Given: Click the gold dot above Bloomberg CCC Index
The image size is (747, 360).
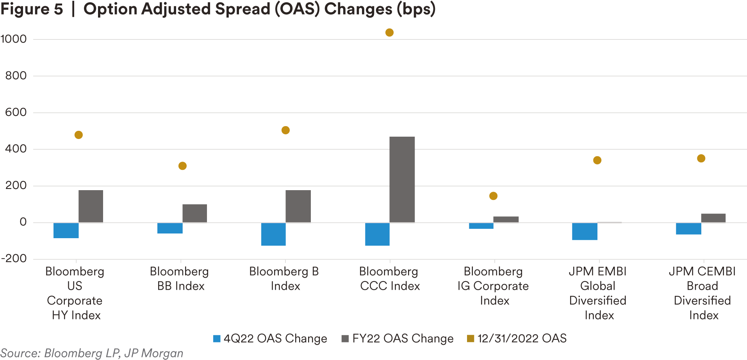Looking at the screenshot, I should [389, 32].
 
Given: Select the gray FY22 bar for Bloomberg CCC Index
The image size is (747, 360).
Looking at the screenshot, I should [402, 180].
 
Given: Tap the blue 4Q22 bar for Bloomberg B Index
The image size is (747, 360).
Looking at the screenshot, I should [273, 234].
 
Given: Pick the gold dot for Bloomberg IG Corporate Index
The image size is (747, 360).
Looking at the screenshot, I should [493, 196].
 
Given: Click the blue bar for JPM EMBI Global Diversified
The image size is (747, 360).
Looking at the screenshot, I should [585, 231].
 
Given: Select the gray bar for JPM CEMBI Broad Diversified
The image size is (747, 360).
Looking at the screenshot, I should [713, 218].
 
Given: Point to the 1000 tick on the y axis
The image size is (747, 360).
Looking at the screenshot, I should [14, 39].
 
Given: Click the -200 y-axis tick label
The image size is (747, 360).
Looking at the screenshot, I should [14, 258].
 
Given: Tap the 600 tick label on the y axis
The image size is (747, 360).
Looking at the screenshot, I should [16, 112].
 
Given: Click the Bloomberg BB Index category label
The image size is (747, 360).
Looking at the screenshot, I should [180, 279].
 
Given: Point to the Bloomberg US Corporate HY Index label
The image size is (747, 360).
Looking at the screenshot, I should [75, 293].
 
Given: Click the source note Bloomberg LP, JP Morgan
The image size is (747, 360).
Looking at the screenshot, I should [91, 353].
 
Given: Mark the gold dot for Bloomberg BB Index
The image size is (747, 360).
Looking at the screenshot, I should [182, 166].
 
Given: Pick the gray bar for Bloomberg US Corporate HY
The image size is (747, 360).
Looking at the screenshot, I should [91, 206].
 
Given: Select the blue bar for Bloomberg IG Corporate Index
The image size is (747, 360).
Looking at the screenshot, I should [481, 226].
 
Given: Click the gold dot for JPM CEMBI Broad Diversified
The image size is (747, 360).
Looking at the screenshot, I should [701, 158].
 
